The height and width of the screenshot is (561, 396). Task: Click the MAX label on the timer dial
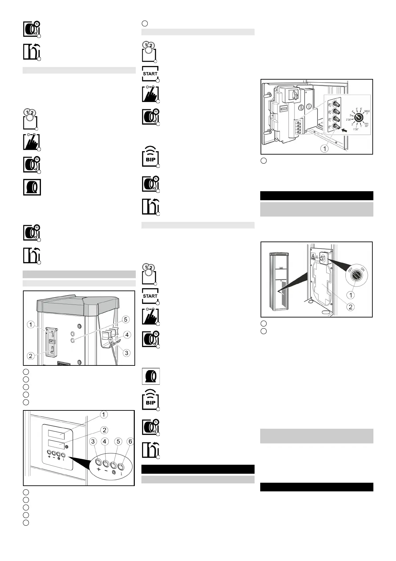pyautogui.click(x=367, y=111)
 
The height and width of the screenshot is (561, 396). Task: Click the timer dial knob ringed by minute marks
pyautogui.click(x=358, y=118)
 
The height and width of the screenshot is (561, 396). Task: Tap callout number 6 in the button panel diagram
pyautogui.click(x=130, y=441)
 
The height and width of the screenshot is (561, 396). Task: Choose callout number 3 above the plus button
pyautogui.click(x=93, y=441)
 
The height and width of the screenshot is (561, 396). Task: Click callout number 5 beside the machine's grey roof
pyautogui.click(x=125, y=319)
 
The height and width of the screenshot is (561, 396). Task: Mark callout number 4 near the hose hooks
pyautogui.click(x=127, y=335)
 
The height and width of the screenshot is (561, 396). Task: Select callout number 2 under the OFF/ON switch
pyautogui.click(x=350, y=307)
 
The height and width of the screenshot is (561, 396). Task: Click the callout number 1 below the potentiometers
pyautogui.click(x=324, y=149)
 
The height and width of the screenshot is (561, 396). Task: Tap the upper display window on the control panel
pyautogui.click(x=56, y=433)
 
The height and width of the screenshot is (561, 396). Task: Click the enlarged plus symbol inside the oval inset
pyautogui.click(x=99, y=469)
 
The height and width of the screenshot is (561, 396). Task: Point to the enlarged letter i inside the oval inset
pyautogui.click(x=121, y=473)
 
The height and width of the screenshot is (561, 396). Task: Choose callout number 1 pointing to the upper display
pyautogui.click(x=104, y=414)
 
